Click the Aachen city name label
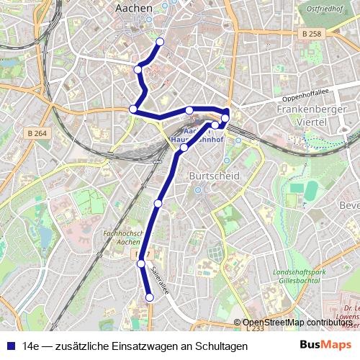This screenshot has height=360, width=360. pyautogui.click(x=133, y=8)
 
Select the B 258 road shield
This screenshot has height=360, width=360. pyautogui.click(x=312, y=34)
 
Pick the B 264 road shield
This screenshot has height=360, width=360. pyautogui.click(x=37, y=132)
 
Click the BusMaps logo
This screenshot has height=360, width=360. pyautogui.click(x=320, y=346)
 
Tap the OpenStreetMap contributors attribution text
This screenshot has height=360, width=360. pyautogui.click(x=297, y=323)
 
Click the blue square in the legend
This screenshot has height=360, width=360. pyautogui.click(x=9, y=346)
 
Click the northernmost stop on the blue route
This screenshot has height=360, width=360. pyautogui.click(x=160, y=42)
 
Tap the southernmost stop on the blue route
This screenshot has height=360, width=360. pyautogui.click(x=150, y=297)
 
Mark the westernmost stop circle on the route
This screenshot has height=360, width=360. pyautogui.click(x=132, y=109)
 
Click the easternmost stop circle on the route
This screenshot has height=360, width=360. pyautogui.click(x=225, y=117)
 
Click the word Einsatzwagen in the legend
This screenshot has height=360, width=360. pyautogui.click(x=143, y=346)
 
